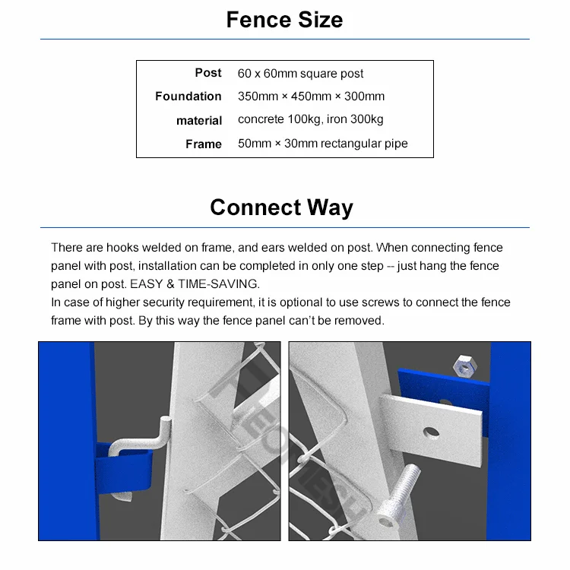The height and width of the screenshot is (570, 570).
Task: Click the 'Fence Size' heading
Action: coord(284,20)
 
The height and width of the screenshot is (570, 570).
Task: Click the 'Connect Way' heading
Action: coord(281,207)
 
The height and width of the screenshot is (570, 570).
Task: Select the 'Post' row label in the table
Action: coord(207,73)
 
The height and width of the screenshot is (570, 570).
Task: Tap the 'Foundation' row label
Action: coord(188,97)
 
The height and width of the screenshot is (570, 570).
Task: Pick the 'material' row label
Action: coord(199,121)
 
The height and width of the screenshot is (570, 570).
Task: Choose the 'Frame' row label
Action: coord(203,144)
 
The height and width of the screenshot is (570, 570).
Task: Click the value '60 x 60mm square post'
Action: coord(300,74)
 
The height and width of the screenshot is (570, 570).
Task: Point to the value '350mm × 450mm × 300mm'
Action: coord(311,97)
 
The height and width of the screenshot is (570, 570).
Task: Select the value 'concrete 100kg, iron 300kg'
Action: coord(310,119)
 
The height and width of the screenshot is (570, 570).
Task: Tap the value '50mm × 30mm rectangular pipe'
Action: coord(322,144)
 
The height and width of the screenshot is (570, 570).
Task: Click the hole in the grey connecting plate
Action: coord(431,432)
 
